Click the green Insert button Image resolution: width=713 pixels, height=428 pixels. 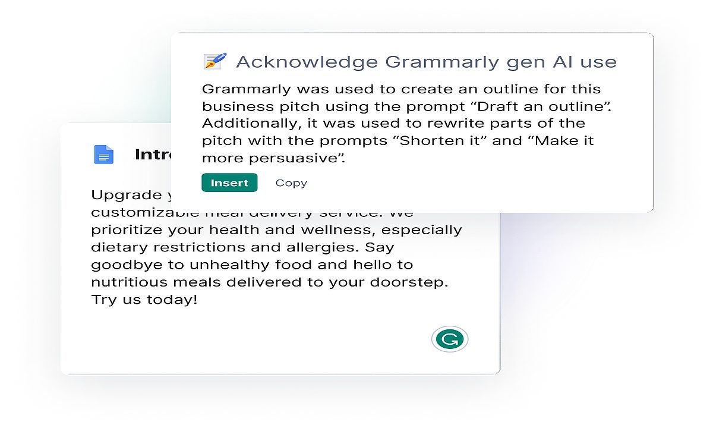pyautogui.click(x=229, y=182)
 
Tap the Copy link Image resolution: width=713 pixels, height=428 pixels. pyautogui.click(x=291, y=183)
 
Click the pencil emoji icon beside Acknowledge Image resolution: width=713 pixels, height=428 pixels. pyautogui.click(x=214, y=61)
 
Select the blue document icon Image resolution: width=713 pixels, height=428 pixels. pyautogui.click(x=103, y=155)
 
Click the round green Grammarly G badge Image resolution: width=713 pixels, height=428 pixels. pyautogui.click(x=450, y=339)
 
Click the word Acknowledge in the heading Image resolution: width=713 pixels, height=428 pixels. pyautogui.click(x=307, y=62)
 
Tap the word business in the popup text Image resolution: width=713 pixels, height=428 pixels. pyautogui.click(x=236, y=106)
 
